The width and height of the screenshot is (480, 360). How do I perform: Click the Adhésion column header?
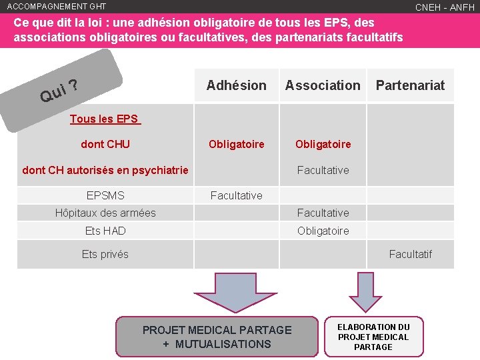tap(236, 85)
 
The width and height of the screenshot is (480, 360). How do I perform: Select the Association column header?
tap(323, 85)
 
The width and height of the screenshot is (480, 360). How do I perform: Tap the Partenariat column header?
tap(410, 85)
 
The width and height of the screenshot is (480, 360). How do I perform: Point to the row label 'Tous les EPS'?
tap(105, 119)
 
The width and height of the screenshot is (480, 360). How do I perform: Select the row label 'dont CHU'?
tap(105, 144)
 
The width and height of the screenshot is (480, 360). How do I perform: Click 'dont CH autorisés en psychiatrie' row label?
tap(105, 170)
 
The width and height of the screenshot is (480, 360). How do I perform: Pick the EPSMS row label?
tap(105, 195)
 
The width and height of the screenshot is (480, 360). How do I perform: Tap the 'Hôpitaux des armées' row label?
tap(105, 213)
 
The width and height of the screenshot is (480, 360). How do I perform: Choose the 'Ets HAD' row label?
tap(105, 231)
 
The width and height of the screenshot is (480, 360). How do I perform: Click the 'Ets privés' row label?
tap(105, 254)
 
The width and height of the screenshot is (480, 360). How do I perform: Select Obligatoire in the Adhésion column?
tap(236, 145)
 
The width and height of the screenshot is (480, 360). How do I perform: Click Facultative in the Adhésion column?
tap(236, 195)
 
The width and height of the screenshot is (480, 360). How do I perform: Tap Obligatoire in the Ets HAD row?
tap(323, 231)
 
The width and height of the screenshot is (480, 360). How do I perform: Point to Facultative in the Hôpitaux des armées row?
tap(323, 213)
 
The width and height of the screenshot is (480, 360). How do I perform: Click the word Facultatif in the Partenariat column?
tap(410, 254)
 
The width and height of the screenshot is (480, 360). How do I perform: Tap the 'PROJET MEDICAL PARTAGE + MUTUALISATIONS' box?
tap(217, 337)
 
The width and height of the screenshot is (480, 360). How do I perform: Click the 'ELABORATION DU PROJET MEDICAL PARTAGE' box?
tap(373, 337)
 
